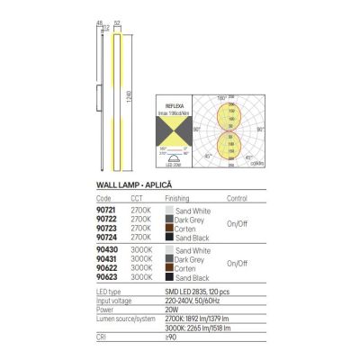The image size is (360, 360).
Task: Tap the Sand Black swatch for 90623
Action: tap(167, 276)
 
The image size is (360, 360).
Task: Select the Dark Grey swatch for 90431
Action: tap(167, 258)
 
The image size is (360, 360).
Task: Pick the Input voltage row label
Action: tap(114, 299)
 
